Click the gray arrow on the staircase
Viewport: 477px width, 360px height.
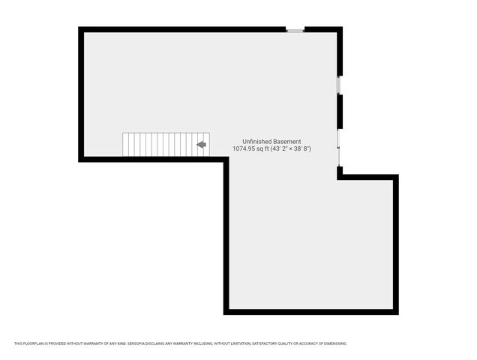[201, 145]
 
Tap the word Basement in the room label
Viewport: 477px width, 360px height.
[289, 142]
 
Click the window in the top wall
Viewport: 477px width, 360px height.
[295, 30]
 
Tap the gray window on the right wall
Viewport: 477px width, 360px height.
[339, 86]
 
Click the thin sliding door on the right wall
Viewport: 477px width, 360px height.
[339, 148]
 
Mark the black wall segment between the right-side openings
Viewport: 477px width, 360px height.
[340, 111]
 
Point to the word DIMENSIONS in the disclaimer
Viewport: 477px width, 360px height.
[334, 343]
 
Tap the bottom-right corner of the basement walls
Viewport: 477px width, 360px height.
[396, 312]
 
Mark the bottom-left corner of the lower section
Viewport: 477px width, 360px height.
[226, 312]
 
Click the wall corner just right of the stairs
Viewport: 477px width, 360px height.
[226, 159]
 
